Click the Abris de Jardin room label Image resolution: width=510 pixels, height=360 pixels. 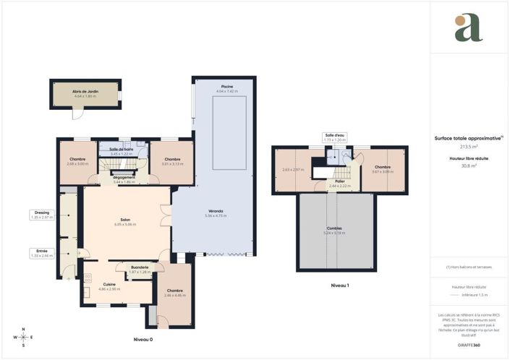click(85, 91)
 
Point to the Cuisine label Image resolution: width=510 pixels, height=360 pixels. click(109, 284)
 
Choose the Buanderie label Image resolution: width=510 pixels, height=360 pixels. click(140, 267)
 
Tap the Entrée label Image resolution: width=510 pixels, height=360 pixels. click(43, 251)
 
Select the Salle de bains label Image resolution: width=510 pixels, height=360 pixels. click(120, 149)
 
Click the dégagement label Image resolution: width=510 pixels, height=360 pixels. click(124, 177)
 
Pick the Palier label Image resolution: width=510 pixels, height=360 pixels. click(339, 181)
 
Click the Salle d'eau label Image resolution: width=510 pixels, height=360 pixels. click(334, 134)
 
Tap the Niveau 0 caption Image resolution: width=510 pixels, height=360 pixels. click(144, 339)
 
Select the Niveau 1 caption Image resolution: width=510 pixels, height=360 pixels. click(339, 286)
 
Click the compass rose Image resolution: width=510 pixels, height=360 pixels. click(24, 337)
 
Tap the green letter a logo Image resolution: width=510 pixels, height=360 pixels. click(469, 27)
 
